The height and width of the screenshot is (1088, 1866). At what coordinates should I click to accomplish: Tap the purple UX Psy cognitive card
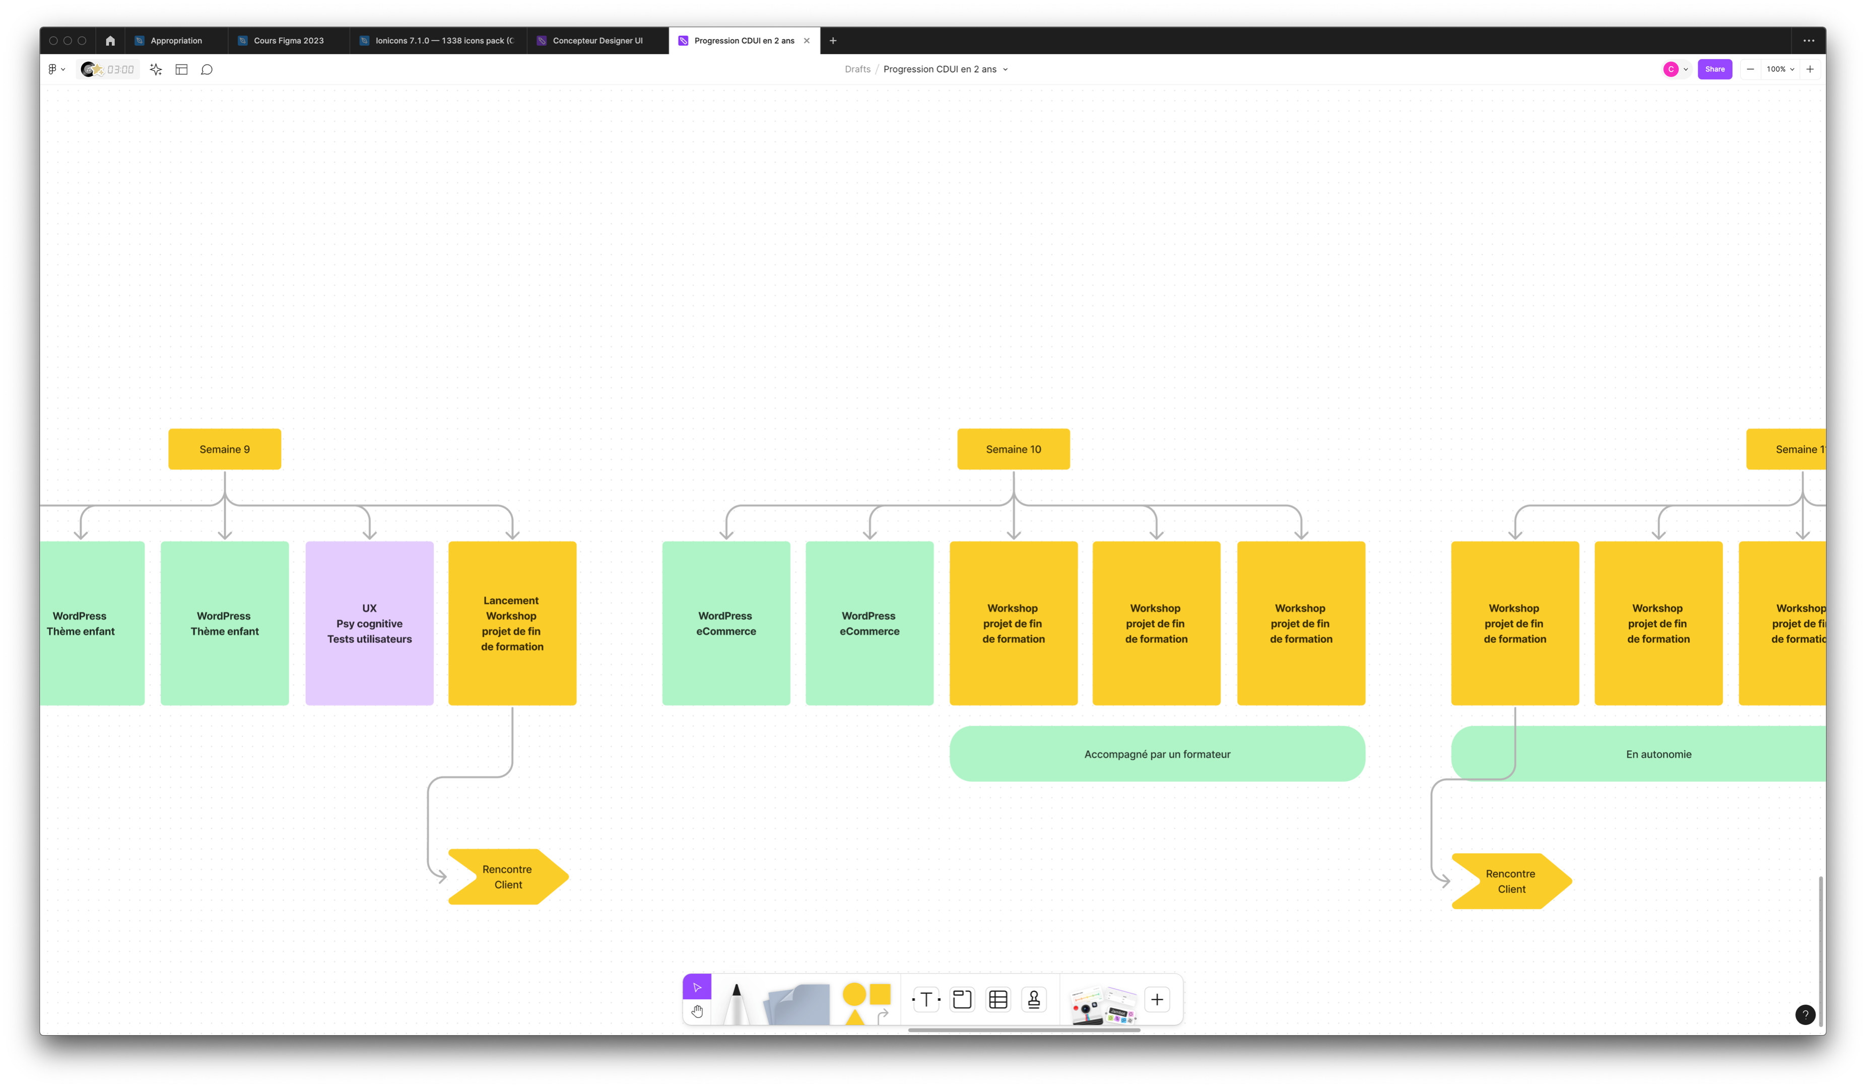[369, 623]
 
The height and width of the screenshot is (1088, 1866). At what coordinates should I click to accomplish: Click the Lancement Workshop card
[512, 623]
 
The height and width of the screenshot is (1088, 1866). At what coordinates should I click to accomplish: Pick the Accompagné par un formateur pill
[1157, 754]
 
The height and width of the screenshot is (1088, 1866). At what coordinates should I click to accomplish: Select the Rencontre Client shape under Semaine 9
[508, 876]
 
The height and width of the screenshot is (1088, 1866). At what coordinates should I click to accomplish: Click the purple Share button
[1714, 69]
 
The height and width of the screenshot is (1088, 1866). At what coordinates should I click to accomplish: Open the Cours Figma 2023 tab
[288, 41]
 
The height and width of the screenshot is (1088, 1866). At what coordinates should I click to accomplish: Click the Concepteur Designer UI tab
[597, 41]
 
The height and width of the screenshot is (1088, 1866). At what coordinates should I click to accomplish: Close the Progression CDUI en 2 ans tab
[807, 41]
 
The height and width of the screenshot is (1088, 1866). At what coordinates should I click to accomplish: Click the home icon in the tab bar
[110, 41]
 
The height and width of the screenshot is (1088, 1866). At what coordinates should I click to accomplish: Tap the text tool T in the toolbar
[925, 999]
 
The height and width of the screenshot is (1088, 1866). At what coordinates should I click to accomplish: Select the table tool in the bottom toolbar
[997, 999]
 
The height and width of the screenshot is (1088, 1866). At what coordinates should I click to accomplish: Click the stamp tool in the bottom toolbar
[1034, 999]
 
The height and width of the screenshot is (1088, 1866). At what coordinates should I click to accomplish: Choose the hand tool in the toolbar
[697, 1011]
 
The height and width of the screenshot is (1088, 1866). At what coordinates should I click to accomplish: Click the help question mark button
[1805, 1014]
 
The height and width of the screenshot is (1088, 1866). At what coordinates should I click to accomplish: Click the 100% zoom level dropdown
[1779, 69]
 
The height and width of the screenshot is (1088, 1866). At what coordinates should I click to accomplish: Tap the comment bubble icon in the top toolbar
[207, 69]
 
